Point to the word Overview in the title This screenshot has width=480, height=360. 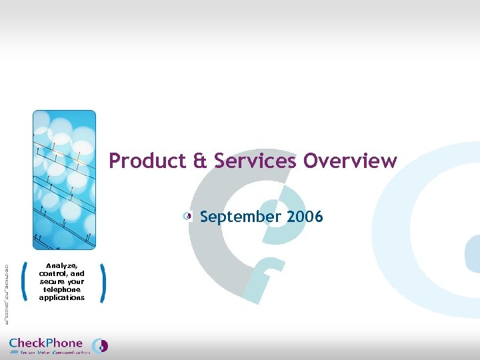pyautogui.click(x=351, y=161)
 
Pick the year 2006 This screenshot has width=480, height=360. pyautogui.click(x=305, y=217)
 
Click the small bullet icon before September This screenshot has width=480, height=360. pyautogui.click(x=189, y=216)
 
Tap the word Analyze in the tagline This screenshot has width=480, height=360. pyautogui.click(x=62, y=265)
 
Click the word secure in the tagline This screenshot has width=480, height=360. pyautogui.click(x=52, y=281)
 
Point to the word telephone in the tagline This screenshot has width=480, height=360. pyautogui.click(x=62, y=289)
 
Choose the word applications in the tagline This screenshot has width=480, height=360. pyautogui.click(x=62, y=297)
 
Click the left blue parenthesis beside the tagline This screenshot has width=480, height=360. pyautogui.click(x=25, y=281)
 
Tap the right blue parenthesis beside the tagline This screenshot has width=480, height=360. pyautogui.click(x=102, y=281)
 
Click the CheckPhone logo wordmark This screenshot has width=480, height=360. pyautogui.click(x=46, y=343)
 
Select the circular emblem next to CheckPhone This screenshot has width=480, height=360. pyautogui.click(x=100, y=345)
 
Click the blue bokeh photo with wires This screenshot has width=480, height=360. pyautogui.click(x=64, y=180)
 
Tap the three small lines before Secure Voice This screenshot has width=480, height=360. pyautogui.click(x=14, y=353)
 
